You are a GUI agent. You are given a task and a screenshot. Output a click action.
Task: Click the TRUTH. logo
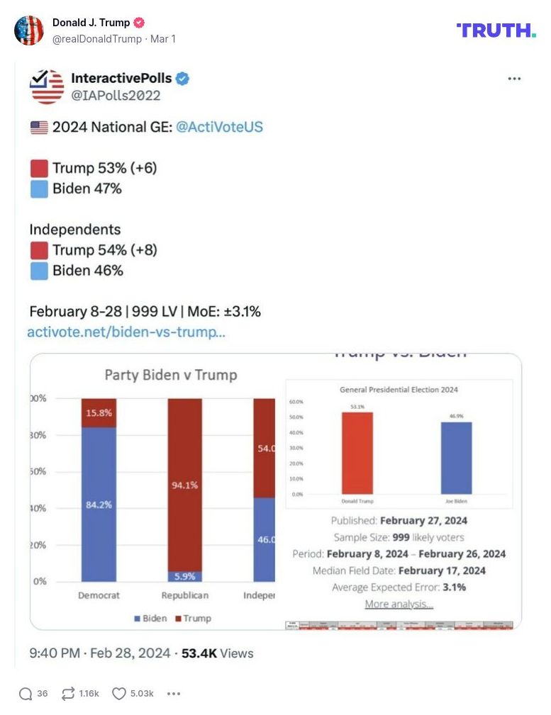[496, 30]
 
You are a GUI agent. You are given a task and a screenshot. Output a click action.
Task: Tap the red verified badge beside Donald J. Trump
[139, 23]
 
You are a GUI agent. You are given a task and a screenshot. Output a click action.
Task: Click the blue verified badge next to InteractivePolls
[182, 79]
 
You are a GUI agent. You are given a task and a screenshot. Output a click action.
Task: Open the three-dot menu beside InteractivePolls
[514, 79]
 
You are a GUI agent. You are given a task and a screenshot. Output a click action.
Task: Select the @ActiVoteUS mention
[219, 128]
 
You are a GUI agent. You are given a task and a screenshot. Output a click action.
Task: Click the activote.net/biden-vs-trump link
[126, 332]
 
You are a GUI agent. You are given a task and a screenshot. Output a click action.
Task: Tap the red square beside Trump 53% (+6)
[40, 169]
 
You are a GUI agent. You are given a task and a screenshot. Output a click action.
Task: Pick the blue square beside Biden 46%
[40, 271]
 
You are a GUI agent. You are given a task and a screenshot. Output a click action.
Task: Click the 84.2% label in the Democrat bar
[99, 505]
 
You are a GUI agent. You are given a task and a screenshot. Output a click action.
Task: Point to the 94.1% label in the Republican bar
[184, 485]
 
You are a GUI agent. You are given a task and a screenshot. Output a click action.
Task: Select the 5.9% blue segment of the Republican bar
[184, 577]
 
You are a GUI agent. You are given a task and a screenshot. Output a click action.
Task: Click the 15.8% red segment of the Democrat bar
[99, 412]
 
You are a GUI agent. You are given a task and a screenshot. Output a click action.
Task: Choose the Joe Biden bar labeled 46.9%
[456, 458]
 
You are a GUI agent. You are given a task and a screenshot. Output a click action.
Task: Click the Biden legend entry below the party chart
[151, 619]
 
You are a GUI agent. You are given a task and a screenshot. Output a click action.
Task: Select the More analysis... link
[399, 604]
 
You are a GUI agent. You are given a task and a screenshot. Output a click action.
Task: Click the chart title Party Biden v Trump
[171, 375]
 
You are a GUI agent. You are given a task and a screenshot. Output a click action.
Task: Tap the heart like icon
[119, 694]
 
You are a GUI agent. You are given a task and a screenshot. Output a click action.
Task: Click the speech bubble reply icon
[26, 694]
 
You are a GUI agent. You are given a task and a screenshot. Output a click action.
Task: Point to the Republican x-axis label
[185, 596]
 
